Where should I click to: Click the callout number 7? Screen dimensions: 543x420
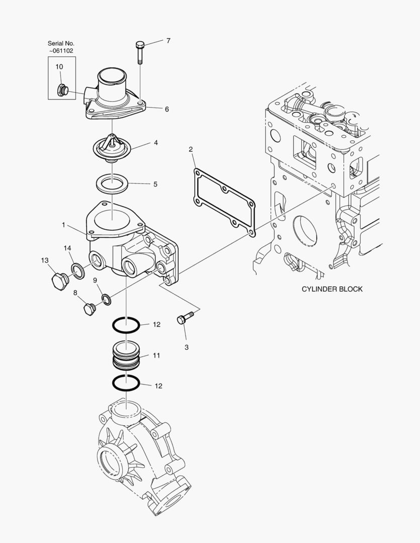click(x=168, y=41)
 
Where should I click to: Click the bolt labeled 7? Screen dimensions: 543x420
click(x=140, y=52)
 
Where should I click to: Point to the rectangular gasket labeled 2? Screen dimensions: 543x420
click(x=224, y=203)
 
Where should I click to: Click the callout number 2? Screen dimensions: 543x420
click(x=191, y=149)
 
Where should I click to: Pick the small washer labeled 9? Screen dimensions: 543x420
click(x=106, y=300)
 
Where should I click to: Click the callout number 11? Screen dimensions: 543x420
click(x=156, y=355)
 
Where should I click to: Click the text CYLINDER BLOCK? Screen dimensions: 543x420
click(x=331, y=289)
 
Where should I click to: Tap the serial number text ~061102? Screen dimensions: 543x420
click(x=61, y=51)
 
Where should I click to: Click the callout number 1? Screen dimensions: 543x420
click(x=63, y=225)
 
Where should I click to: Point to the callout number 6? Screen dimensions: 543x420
click(x=166, y=109)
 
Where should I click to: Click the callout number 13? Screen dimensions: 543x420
click(x=45, y=260)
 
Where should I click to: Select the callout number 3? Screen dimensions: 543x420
click(x=186, y=347)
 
